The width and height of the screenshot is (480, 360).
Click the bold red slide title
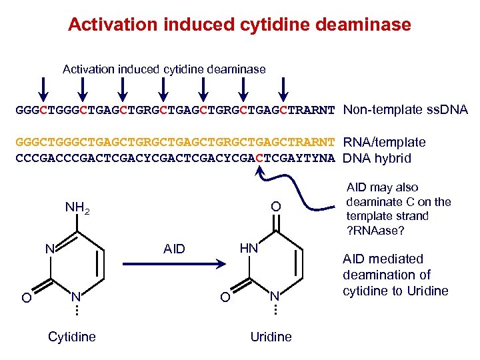[239, 25]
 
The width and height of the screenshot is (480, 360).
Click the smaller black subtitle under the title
[163, 69]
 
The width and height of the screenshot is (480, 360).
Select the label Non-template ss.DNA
[405, 110]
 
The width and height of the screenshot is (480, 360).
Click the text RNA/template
[384, 142]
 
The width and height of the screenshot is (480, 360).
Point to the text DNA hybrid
[377, 158]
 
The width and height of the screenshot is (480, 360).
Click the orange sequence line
[175, 143]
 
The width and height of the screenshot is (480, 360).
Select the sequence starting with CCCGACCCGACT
[175, 159]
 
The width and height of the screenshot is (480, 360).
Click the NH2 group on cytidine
[77, 209]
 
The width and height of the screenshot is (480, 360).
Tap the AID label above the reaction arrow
[175, 248]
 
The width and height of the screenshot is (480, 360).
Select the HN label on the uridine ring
[248, 247]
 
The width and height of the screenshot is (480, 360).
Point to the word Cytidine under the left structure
[72, 337]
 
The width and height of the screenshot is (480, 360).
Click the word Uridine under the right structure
[271, 337]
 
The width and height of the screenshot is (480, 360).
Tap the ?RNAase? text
[375, 231]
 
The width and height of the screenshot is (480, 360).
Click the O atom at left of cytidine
[26, 297]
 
